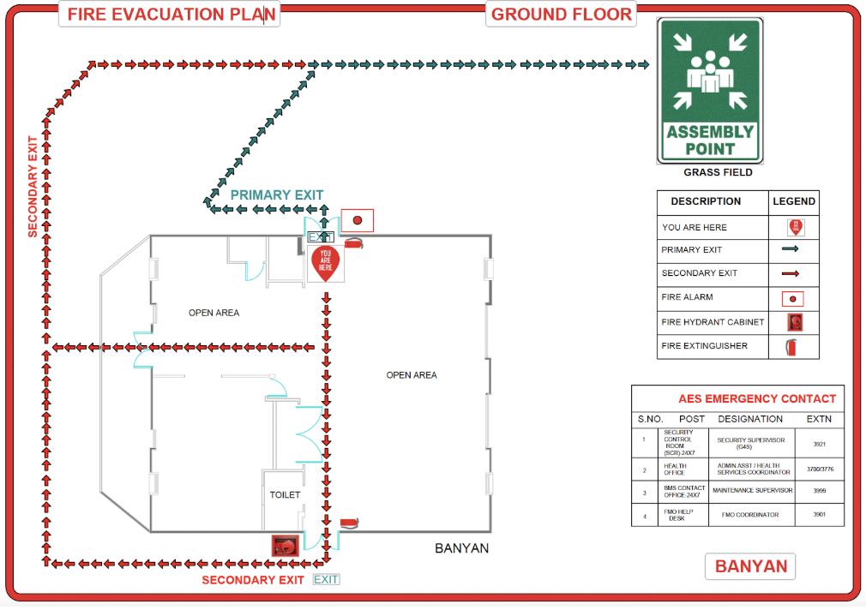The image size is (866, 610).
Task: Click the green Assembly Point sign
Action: coord(710,91)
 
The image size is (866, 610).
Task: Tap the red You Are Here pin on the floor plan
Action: coord(325,260)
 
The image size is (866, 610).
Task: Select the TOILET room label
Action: coord(285,494)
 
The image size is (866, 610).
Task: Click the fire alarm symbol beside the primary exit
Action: coord(358,220)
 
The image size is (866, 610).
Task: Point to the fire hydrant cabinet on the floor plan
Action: coord(284,545)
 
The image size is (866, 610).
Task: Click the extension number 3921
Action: coord(819,444)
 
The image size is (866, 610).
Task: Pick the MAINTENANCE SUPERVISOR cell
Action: coord(752,491)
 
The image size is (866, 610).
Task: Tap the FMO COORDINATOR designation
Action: coord(751,515)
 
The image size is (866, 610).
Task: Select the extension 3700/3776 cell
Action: coord(819,469)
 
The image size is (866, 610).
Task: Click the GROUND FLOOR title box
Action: coord(562,15)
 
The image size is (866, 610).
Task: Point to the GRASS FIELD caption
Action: coord(718,172)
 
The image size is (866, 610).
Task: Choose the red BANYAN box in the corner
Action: coord(750,566)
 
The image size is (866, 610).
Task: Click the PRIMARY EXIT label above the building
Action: coord(276,194)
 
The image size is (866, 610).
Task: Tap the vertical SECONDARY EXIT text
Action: coord(33,186)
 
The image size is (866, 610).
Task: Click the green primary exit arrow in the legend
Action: coord(791,250)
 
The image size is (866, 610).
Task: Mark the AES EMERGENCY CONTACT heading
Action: coord(756,398)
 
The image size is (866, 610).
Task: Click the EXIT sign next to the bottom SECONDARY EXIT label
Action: coord(326,580)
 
